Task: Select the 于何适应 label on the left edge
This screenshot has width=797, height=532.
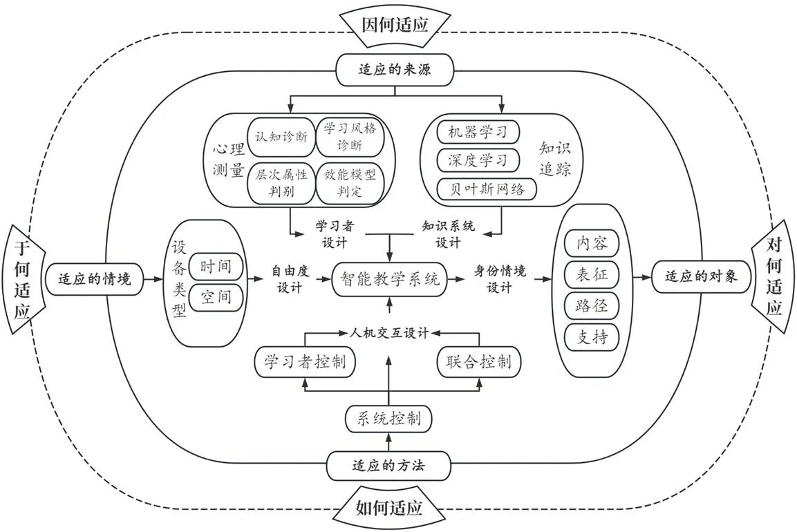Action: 23,279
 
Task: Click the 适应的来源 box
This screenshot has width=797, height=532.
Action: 395,69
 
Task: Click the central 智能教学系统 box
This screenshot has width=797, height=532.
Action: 389,279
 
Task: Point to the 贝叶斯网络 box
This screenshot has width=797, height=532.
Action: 487,189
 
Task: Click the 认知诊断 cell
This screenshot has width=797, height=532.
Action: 281,135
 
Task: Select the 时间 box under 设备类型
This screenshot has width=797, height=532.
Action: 216,266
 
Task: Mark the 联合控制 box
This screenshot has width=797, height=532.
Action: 478,361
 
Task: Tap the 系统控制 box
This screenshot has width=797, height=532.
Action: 388,418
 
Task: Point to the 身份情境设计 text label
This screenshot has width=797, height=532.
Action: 499,278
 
